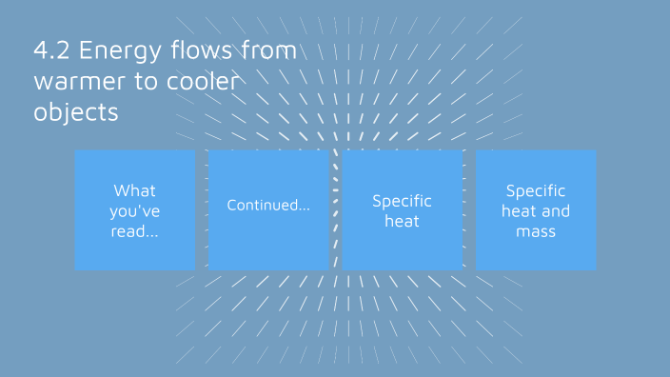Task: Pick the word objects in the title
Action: (x=75, y=111)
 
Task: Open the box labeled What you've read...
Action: (x=135, y=209)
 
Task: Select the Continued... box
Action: (x=268, y=209)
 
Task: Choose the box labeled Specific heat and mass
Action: (x=536, y=209)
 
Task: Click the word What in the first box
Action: (x=135, y=190)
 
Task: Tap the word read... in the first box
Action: (x=135, y=231)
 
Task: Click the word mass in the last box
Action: (x=536, y=231)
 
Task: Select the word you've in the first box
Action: (x=135, y=210)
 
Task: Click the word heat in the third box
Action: (x=402, y=221)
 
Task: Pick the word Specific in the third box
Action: (x=402, y=201)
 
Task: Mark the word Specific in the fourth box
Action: (x=536, y=190)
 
